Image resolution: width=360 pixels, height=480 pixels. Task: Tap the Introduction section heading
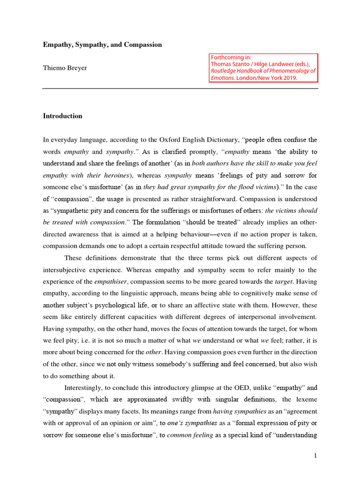pyautogui.click(x=62, y=116)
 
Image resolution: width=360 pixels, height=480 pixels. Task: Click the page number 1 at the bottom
pyautogui.click(x=315, y=455)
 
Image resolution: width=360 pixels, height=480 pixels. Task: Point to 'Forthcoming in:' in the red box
pyautogui.click(x=231, y=58)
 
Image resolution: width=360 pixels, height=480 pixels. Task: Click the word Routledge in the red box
pyautogui.click(x=226, y=71)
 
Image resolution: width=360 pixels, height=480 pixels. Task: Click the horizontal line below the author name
pyautogui.click(x=180, y=88)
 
